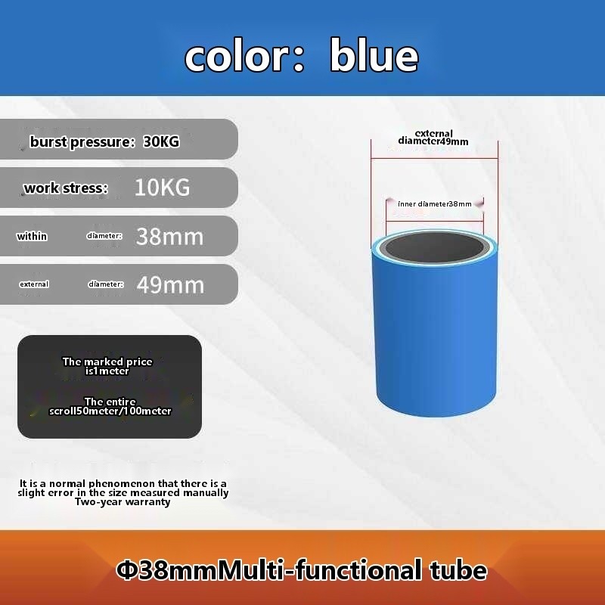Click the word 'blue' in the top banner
374,55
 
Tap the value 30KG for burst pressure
161,141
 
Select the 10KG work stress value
163,188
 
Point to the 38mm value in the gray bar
169,237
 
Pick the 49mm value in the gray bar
170,285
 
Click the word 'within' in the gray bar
32,236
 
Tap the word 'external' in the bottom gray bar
34,284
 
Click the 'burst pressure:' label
82,142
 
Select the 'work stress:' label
66,188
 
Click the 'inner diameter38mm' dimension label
435,203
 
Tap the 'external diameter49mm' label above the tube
433,138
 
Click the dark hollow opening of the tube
434,247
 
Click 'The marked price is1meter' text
107,366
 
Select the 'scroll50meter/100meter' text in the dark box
110,411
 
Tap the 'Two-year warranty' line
123,501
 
